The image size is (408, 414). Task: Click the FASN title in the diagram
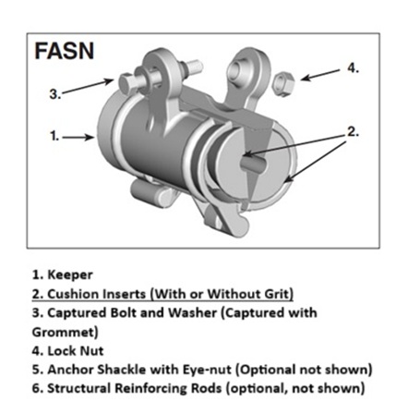pos(65,51)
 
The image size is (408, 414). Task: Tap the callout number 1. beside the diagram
pos(54,136)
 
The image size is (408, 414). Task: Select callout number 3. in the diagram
pos(55,93)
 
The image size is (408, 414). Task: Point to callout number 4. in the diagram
pos(354,67)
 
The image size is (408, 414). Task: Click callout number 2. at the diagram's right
pos(353,132)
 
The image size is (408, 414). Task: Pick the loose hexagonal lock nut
pos(284,84)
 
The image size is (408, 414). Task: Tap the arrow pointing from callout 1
pos(78,137)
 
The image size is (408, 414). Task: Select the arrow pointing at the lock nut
pos(320,75)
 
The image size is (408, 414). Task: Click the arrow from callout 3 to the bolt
pos(89,86)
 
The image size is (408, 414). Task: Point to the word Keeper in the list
pos(70,274)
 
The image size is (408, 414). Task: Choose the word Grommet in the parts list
pos(65,332)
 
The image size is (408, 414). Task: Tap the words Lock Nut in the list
pos(76,351)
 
